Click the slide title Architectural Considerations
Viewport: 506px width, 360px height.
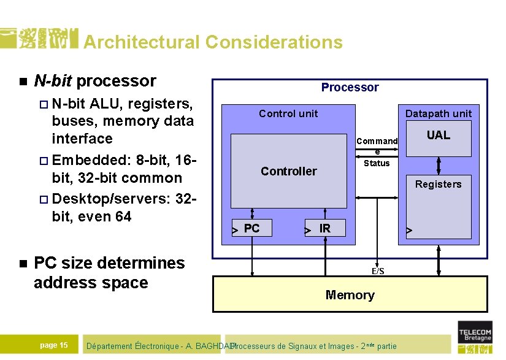coord(212,42)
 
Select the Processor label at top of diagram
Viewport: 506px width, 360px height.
coord(350,87)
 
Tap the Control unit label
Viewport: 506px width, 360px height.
coord(288,113)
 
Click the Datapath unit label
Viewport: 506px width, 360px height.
coord(438,113)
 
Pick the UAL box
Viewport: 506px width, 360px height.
coord(438,138)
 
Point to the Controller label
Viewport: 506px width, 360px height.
coord(288,171)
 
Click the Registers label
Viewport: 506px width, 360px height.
coord(438,184)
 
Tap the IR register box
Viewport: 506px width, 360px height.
coord(325,229)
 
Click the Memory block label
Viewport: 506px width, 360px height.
coord(350,295)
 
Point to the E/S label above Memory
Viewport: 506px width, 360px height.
coord(378,271)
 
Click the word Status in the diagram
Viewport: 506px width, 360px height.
coord(377,163)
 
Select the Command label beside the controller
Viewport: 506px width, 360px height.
coord(377,142)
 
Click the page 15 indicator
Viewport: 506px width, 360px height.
coord(54,345)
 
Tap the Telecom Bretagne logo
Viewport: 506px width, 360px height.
coord(475,337)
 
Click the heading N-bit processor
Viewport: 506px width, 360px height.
coord(95,81)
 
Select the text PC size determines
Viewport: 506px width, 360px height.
coord(109,263)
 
